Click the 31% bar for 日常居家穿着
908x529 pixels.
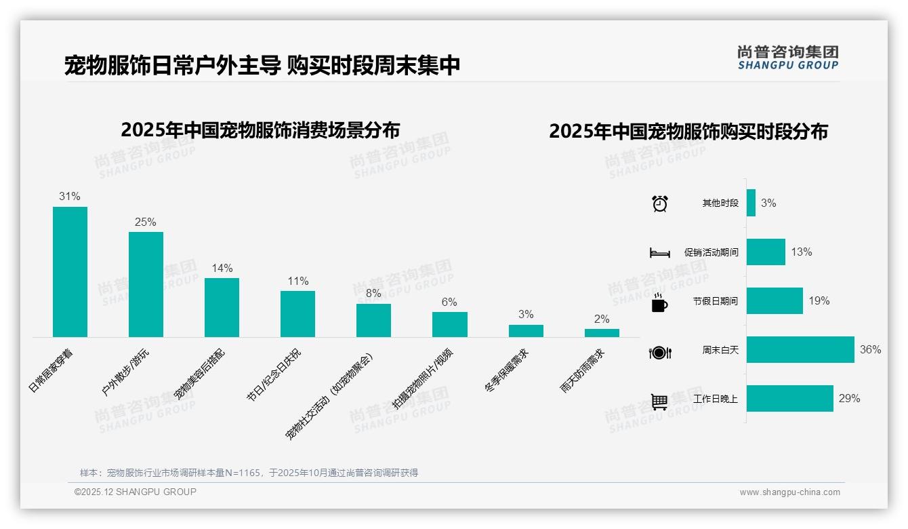point(70,271)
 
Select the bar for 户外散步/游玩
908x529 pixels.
point(146,284)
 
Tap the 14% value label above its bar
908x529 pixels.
point(222,268)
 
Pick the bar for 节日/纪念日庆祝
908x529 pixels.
point(297,313)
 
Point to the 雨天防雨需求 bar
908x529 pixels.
point(602,333)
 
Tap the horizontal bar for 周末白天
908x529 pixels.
point(800,350)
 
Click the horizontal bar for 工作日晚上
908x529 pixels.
point(789,399)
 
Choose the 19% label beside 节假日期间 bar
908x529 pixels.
point(819,300)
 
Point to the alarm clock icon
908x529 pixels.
point(659,203)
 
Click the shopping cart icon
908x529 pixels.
point(659,401)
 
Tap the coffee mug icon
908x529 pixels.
point(659,303)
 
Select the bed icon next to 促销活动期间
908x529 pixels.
point(659,253)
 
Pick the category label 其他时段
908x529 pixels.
point(720,203)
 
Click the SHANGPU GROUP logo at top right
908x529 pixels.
point(787,57)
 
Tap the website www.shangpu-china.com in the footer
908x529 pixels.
point(789,492)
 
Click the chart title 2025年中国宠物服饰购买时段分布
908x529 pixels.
point(688,131)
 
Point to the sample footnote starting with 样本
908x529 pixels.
point(249,473)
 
